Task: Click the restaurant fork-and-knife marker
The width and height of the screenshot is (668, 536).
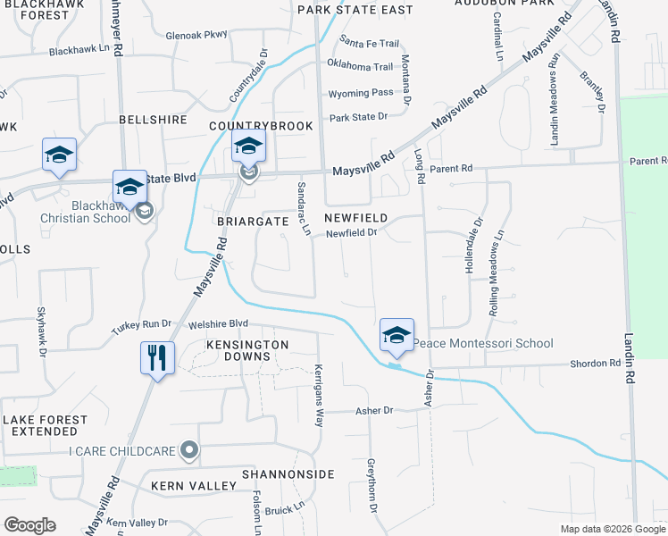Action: [x=158, y=358]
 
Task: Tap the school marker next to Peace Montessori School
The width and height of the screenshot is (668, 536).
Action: [x=397, y=336]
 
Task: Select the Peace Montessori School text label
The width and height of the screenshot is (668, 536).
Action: [x=482, y=344]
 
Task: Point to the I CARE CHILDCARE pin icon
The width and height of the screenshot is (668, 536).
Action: [x=188, y=451]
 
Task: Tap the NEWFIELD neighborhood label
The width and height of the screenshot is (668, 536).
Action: [x=355, y=218]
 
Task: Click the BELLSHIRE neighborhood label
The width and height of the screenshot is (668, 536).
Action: [x=153, y=120]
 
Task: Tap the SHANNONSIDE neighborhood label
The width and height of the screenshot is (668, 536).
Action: [x=287, y=473]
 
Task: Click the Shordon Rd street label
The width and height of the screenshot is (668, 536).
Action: [x=596, y=364]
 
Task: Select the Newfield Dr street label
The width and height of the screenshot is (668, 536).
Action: [x=353, y=234]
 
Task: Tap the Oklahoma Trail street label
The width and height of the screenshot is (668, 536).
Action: [x=360, y=67]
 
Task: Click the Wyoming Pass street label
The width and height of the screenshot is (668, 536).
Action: [x=361, y=93]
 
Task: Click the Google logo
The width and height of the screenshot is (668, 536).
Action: [x=30, y=525]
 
